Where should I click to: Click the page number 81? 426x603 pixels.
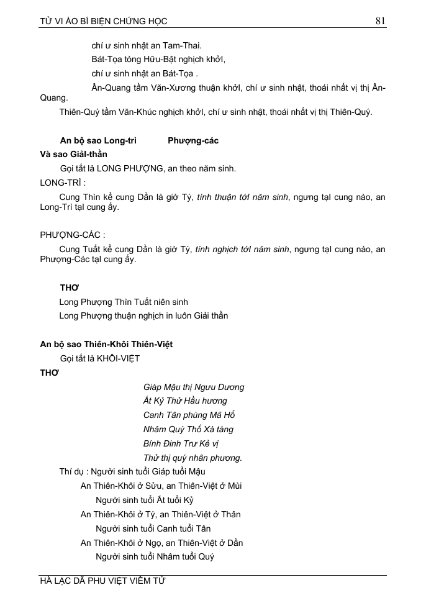tap(381, 21)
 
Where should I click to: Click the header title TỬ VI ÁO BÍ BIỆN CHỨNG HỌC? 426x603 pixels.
tap(104, 22)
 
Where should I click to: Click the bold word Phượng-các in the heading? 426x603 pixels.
tap(193, 140)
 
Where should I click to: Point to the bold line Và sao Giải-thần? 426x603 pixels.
tap(73, 154)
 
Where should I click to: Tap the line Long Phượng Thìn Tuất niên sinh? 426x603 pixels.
tap(124, 302)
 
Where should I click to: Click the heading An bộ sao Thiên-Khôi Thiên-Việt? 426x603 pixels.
tap(111, 344)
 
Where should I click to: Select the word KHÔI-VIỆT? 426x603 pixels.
tap(118, 358)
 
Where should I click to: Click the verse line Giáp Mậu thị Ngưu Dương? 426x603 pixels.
tap(194, 387)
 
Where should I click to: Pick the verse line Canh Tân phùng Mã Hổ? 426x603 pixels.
tap(189, 415)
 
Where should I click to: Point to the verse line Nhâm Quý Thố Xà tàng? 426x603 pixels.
tap(188, 429)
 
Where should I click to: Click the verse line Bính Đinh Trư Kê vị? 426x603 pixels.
tap(181, 443)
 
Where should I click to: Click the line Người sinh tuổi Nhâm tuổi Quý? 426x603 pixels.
tap(155, 556)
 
